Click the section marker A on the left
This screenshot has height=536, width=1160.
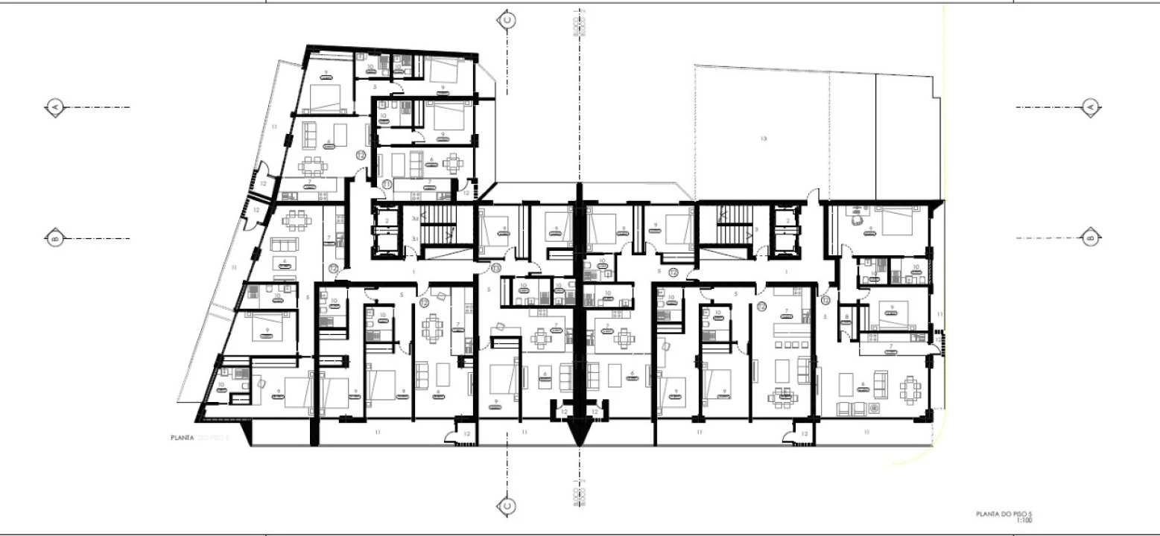(55, 108)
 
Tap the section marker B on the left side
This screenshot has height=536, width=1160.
(55, 239)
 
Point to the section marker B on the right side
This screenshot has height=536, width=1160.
(1090, 238)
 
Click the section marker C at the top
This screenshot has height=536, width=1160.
(507, 20)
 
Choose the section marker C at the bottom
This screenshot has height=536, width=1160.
(507, 506)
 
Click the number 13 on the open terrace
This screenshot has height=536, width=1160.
(763, 138)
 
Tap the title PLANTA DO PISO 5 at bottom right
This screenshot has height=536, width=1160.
(1006, 514)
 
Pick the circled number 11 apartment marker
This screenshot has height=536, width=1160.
(387, 184)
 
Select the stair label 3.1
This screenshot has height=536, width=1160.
(414, 238)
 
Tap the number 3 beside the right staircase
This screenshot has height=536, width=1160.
(755, 230)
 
